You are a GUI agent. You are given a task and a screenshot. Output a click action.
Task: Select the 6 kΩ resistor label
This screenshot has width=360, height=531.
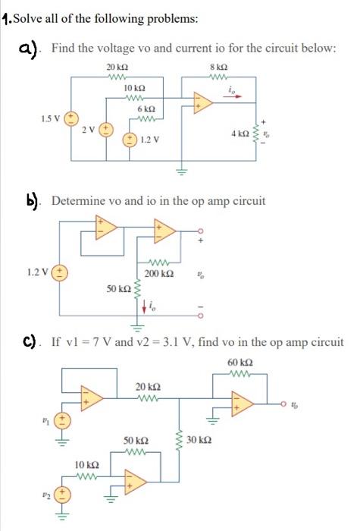146,110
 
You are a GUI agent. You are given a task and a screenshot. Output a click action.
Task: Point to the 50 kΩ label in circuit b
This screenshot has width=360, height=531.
119,289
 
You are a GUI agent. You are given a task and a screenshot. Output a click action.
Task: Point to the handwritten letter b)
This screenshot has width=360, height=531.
33,200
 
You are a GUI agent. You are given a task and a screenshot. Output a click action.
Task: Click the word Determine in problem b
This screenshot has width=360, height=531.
77,201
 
